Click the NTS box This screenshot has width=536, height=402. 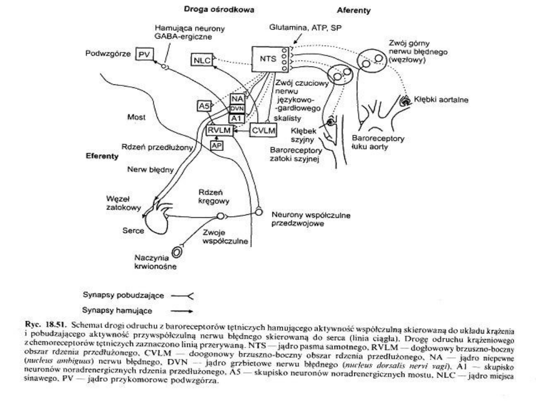tap(267, 59)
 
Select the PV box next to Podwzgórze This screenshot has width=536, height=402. tap(143, 55)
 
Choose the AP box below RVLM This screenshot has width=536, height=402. tap(216, 145)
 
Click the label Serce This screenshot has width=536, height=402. tap(133, 231)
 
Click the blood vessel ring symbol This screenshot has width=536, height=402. tap(176, 253)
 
